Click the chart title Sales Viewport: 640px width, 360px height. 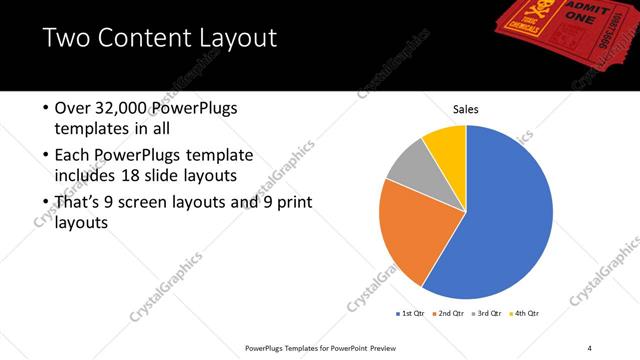[x=466, y=108]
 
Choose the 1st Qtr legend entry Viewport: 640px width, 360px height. [x=410, y=313]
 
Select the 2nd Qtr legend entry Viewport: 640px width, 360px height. [x=449, y=313]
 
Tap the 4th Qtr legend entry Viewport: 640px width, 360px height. [x=526, y=313]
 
